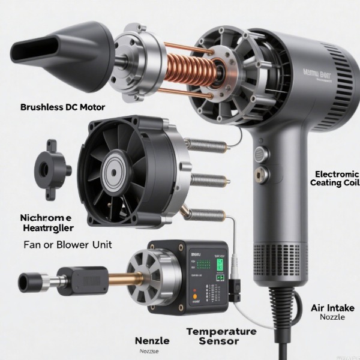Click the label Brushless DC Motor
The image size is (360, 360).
coord(62,107)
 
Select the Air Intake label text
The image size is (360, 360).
coord(332,308)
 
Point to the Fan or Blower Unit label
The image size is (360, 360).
coord(67,245)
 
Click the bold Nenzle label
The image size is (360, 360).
coord(152,340)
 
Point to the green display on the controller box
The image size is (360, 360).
coord(220,264)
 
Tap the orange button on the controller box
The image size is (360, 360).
coord(195,296)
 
